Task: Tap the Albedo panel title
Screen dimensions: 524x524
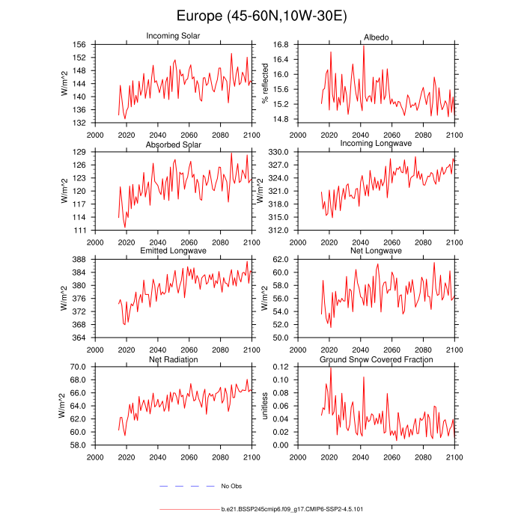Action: [376, 36]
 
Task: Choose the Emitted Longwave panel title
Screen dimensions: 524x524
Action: [173, 251]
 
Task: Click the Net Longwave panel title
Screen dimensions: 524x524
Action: [376, 251]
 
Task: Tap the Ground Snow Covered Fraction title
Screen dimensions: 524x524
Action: [376, 360]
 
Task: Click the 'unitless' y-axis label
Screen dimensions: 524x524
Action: [264, 406]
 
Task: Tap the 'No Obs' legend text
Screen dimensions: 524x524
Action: [231, 487]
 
